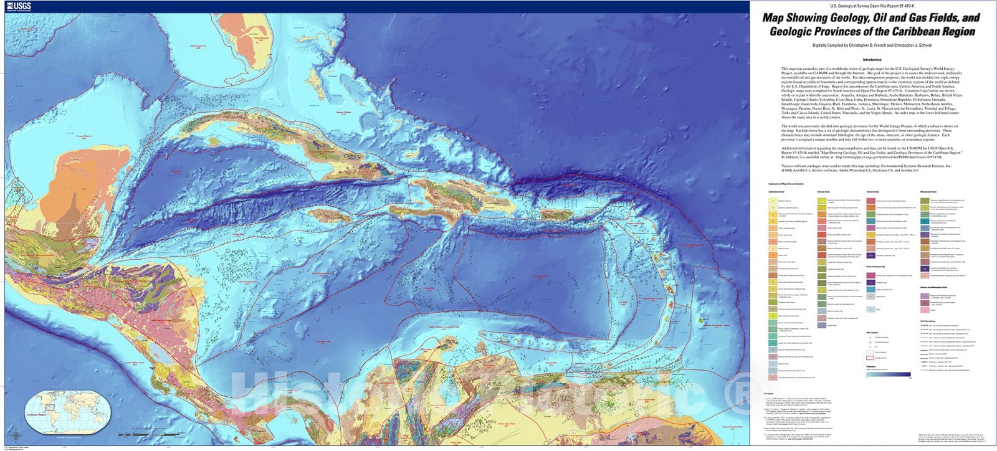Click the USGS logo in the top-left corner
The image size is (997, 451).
tap(19, 6)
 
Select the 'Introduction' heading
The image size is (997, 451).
tap(872, 60)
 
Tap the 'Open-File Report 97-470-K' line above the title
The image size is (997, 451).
tap(872, 6)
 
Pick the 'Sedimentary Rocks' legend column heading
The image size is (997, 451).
tap(776, 192)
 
